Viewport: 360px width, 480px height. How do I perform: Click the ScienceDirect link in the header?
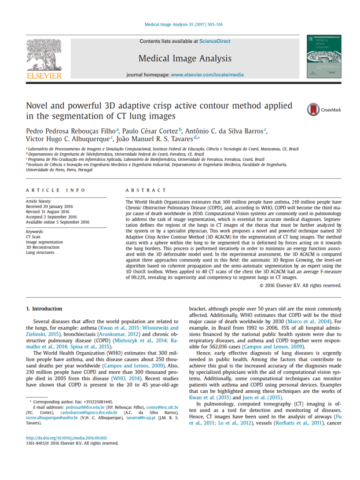(215, 42)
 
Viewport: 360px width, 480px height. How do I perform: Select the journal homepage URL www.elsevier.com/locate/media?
(207, 75)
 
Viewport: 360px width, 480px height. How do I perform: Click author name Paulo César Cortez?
(150, 132)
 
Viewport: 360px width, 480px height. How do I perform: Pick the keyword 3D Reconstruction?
(45, 247)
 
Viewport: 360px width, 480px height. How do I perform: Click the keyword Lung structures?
(41, 253)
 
